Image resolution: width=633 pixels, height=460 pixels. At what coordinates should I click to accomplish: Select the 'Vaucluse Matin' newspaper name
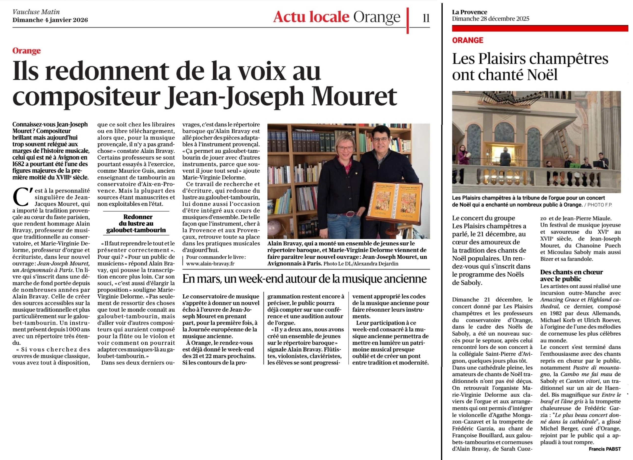tap(36, 12)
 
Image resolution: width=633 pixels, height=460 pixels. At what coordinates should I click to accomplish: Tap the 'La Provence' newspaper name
tap(469, 12)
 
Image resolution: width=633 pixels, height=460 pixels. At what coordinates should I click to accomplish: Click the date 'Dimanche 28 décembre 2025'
tap(490, 19)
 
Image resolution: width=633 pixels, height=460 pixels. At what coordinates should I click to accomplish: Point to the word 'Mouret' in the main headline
tap(354, 97)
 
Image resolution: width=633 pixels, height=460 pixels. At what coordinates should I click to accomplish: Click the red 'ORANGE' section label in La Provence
tap(468, 40)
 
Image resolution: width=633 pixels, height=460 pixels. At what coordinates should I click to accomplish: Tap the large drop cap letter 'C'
tap(21, 197)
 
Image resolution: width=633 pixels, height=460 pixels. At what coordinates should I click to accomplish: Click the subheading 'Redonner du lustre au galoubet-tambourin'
tap(136, 223)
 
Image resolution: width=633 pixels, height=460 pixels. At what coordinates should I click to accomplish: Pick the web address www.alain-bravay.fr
tap(210, 264)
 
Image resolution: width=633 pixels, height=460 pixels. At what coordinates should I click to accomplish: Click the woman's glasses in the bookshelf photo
tap(345, 148)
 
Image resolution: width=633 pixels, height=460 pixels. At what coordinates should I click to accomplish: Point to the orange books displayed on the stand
tap(394, 200)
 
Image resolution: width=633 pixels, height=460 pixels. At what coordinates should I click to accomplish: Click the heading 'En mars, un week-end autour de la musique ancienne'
tap(304, 279)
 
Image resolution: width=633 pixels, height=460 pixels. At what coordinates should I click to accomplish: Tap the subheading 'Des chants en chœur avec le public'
tap(571, 275)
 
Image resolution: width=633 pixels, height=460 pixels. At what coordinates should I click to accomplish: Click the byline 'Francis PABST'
tap(605, 449)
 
